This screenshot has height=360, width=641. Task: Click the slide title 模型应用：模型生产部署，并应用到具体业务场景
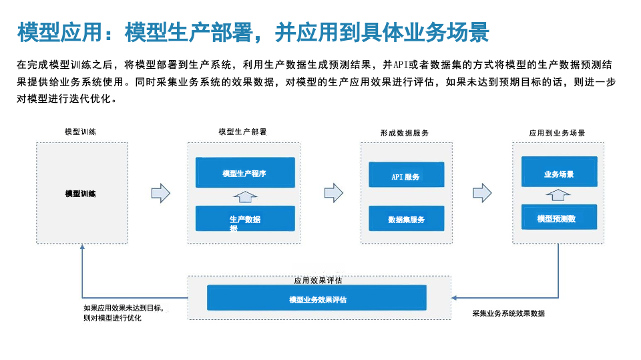(x=253, y=31)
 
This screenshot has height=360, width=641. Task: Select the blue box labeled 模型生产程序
(x=245, y=173)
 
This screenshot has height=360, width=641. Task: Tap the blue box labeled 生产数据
(x=245, y=219)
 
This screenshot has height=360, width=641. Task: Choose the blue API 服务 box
(x=406, y=176)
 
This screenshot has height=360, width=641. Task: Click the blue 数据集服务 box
(x=406, y=218)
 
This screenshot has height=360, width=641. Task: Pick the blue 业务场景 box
(x=559, y=173)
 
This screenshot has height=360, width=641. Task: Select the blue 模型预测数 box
(x=559, y=218)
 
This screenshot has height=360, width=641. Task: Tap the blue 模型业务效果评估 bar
(x=316, y=299)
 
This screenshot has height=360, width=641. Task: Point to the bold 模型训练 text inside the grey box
(x=81, y=194)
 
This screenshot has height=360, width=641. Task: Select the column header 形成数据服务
(x=405, y=133)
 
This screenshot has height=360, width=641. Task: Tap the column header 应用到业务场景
(x=558, y=133)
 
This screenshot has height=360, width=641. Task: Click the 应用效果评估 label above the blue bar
(x=318, y=281)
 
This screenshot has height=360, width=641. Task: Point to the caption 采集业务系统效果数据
(x=508, y=313)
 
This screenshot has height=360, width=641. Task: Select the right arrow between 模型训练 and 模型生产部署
(x=161, y=194)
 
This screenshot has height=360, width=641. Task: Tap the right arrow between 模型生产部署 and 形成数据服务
(x=333, y=194)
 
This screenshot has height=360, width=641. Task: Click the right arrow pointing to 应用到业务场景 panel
(x=482, y=194)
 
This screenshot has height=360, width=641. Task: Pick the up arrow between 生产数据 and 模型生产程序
(x=245, y=196)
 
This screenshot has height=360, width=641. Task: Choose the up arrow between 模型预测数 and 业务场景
(x=558, y=194)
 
